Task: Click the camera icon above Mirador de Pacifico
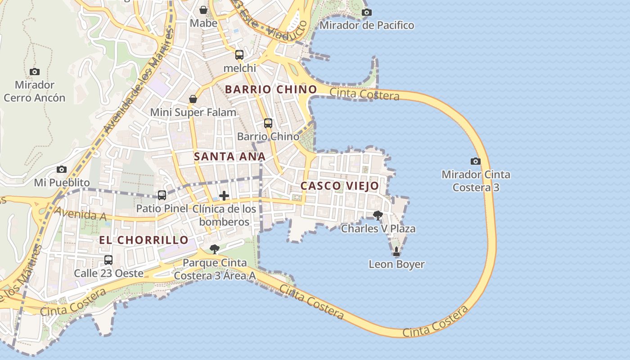(x=367, y=12)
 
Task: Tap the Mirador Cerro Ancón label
(x=34, y=91)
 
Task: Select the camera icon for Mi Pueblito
(x=62, y=170)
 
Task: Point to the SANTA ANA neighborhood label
(x=229, y=157)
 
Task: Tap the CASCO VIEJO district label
(x=340, y=186)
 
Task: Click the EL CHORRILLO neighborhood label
(x=144, y=240)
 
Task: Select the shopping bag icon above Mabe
(x=203, y=10)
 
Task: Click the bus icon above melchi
(x=239, y=55)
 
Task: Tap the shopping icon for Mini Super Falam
(x=193, y=99)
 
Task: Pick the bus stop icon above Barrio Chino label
(x=268, y=123)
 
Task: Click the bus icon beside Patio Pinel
(x=162, y=195)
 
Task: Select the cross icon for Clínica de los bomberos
(x=224, y=196)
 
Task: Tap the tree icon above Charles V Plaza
(x=378, y=216)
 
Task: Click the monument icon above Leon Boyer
(x=396, y=251)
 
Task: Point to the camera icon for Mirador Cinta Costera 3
(x=476, y=161)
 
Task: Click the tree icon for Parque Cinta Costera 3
(x=215, y=249)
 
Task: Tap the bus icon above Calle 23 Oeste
(x=108, y=260)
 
